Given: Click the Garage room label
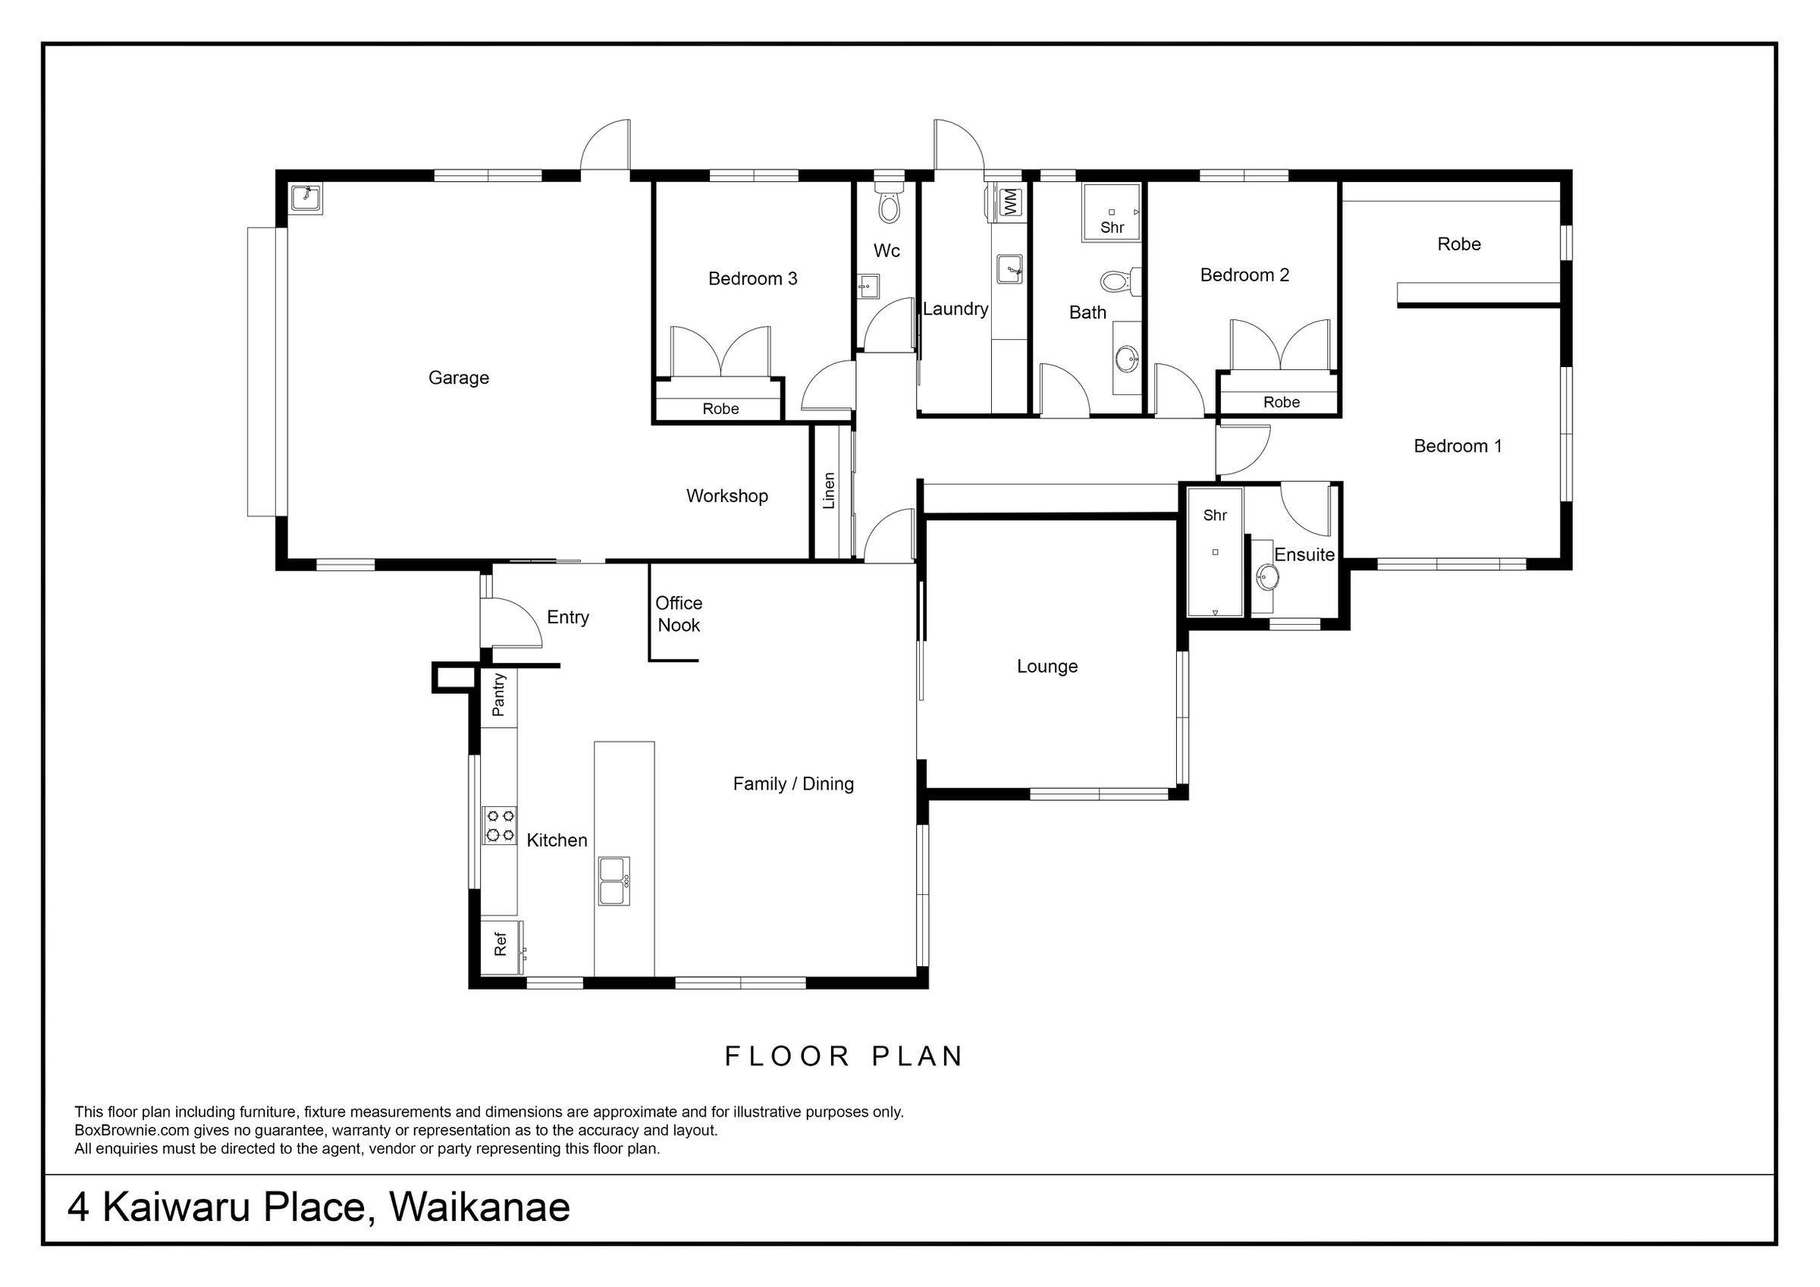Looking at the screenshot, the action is pyautogui.click(x=458, y=378).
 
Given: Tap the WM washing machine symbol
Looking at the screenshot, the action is pyautogui.click(x=1009, y=202).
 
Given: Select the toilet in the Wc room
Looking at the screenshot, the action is pyautogui.click(x=889, y=203).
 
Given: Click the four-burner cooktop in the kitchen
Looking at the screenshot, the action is pyautogui.click(x=500, y=824).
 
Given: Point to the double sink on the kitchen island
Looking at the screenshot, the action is pyautogui.click(x=614, y=881).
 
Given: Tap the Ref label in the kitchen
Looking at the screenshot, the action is pyautogui.click(x=500, y=944).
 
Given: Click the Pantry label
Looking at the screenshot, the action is pyautogui.click(x=498, y=695).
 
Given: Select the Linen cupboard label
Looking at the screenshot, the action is pyautogui.click(x=829, y=491).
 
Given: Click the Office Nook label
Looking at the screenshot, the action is pyautogui.click(x=679, y=614).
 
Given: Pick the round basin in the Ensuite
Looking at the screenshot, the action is pyautogui.click(x=1267, y=576).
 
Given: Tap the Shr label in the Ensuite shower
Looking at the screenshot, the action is pyautogui.click(x=1214, y=516).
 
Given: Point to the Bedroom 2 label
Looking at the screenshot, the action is pyautogui.click(x=1244, y=275).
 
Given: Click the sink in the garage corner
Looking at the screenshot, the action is pyautogui.click(x=304, y=198).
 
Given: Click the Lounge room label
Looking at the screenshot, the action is pyautogui.click(x=1047, y=667).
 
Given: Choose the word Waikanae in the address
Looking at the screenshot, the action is pyautogui.click(x=479, y=1207).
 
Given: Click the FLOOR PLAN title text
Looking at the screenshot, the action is pyautogui.click(x=844, y=1056).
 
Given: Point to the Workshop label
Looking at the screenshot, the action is pyautogui.click(x=727, y=497).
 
